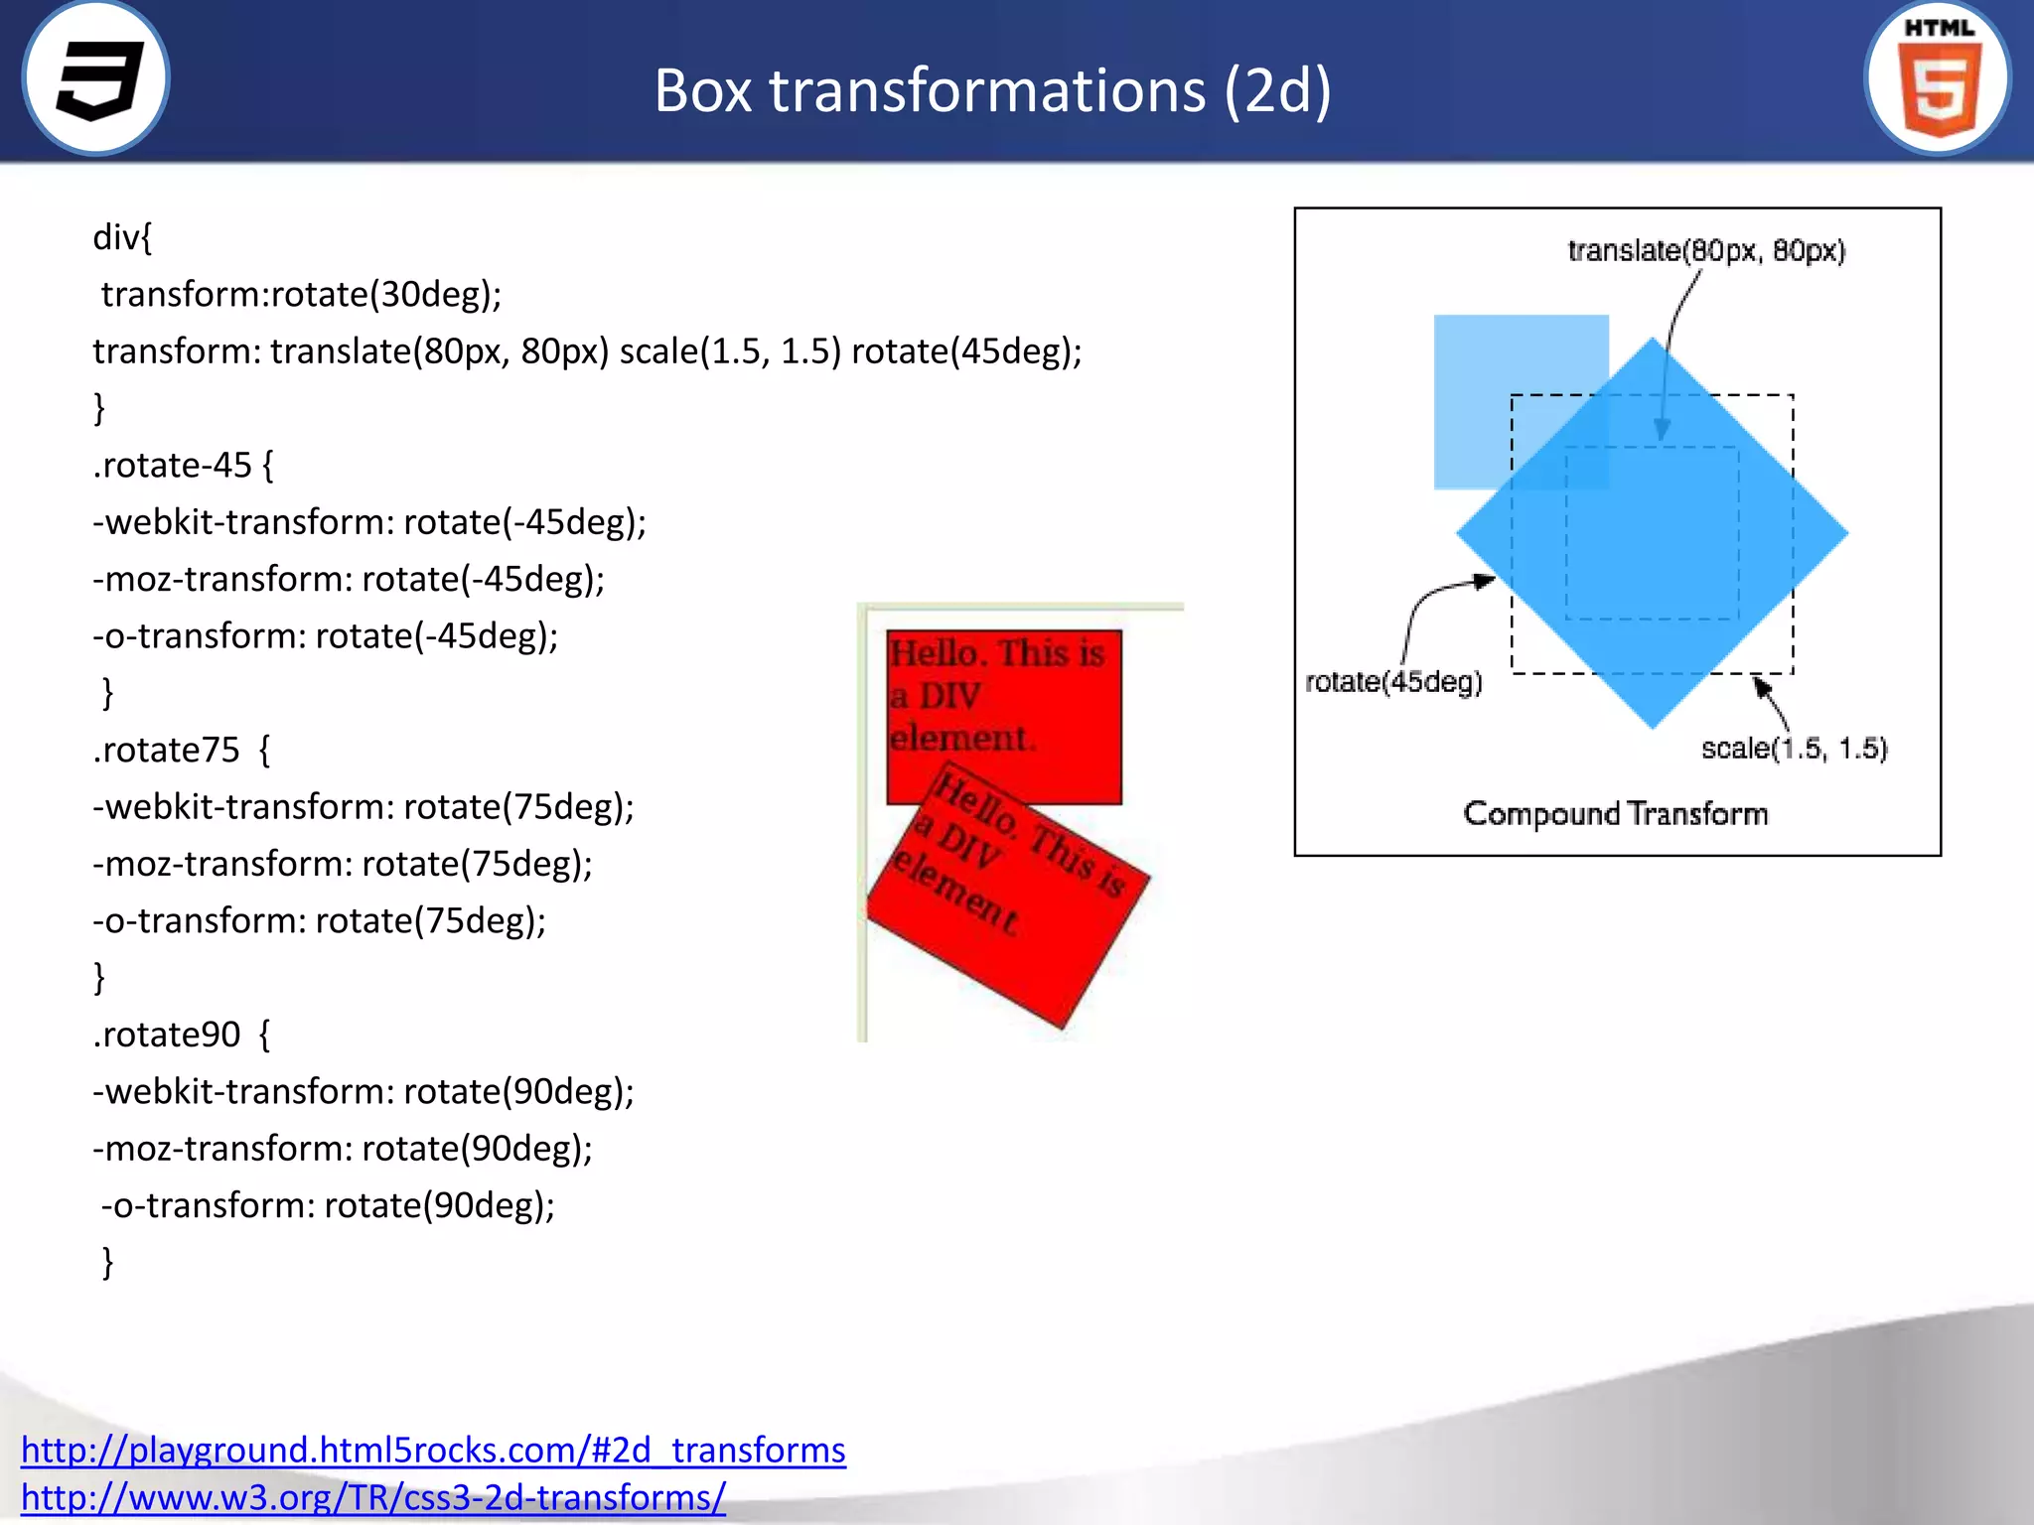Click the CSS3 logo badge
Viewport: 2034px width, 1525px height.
pos(96,78)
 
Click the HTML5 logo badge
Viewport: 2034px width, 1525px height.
pos(1938,78)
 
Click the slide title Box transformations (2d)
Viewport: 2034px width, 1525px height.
pos(992,90)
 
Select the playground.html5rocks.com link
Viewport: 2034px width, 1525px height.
pos(433,1450)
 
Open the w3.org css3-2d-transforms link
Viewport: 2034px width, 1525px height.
pos(373,1497)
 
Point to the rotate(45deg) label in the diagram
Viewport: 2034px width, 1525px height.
pos(1393,682)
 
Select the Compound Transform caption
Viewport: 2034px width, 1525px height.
pos(1616,814)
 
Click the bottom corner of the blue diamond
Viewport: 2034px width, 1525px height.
pos(1653,720)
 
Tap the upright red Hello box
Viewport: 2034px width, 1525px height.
pos(1004,695)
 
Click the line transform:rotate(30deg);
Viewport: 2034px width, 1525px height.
pos(301,295)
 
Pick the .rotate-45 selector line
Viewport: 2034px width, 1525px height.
pos(183,466)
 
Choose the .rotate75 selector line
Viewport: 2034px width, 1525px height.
pos(181,751)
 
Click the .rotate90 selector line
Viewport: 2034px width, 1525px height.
pos(181,1035)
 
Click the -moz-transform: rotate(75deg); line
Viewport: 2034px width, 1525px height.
pos(343,864)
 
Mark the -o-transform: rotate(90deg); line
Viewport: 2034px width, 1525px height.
pos(328,1205)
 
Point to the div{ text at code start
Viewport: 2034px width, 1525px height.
pos(122,238)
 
